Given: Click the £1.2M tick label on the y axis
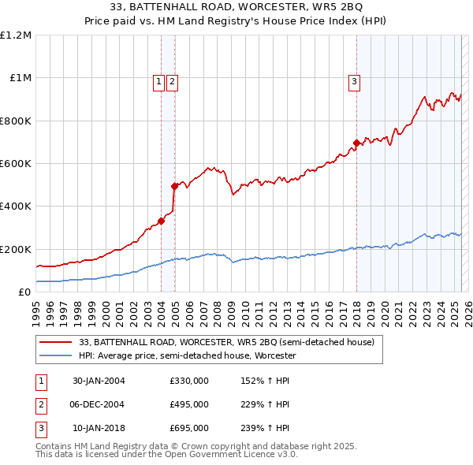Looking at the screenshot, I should tap(16, 35).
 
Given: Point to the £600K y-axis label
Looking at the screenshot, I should tap(16, 164).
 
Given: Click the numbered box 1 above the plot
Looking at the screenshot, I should tap(158, 80).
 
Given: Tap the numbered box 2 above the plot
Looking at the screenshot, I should tap(172, 80).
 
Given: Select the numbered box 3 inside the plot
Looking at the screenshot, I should tap(355, 80).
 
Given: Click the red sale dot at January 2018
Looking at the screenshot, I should tap(356, 143).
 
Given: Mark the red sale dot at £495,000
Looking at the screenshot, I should tap(174, 186).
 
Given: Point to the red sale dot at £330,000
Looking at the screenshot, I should tap(161, 221).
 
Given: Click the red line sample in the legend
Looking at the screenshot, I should tap(55, 342).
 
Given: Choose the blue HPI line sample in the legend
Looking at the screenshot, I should tap(55, 355).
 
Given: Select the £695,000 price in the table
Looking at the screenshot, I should tap(189, 428).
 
